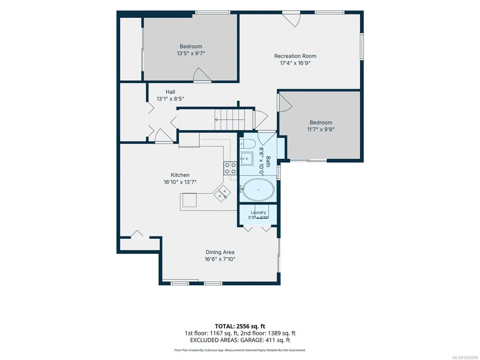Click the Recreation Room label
(x=295, y=56)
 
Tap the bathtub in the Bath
(x=258, y=190)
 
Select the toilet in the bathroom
(x=247, y=143)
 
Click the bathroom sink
(x=246, y=158)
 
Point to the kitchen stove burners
(x=230, y=168)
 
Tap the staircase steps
(x=234, y=119)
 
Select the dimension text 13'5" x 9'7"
(x=191, y=53)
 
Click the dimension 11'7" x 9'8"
(x=320, y=129)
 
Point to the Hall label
(x=170, y=92)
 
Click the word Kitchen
(x=180, y=175)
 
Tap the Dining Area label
(x=220, y=252)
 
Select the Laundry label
(x=258, y=213)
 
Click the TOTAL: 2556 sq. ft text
(x=240, y=326)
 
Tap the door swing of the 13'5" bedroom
(x=202, y=74)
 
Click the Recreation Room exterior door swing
(x=293, y=20)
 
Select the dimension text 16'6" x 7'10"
(x=220, y=259)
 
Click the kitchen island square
(x=190, y=200)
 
